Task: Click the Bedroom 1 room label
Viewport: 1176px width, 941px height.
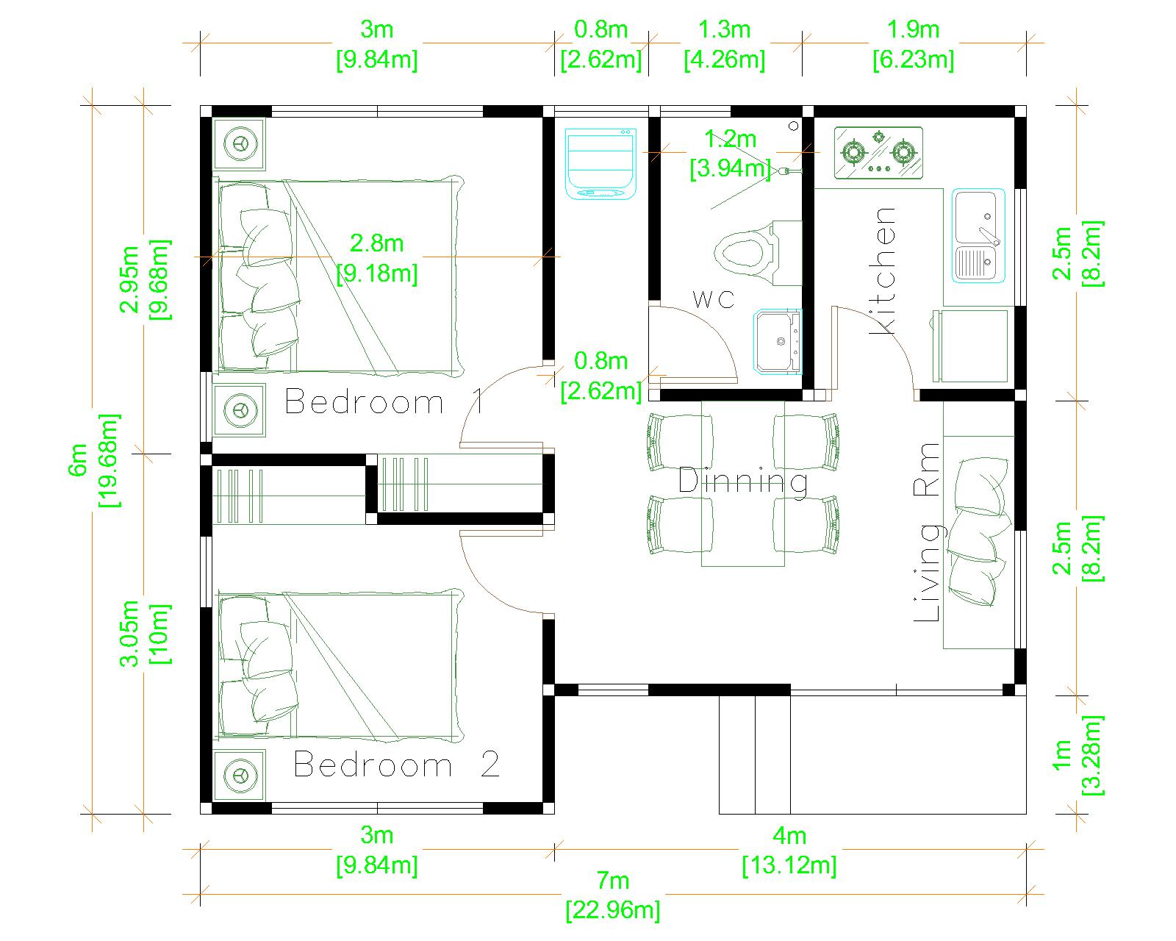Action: click(x=384, y=402)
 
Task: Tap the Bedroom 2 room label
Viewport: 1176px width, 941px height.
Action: click(x=396, y=765)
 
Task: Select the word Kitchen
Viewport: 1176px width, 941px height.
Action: click(x=881, y=271)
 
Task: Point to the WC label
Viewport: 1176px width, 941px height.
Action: click(x=713, y=300)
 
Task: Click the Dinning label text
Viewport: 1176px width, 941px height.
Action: click(x=743, y=482)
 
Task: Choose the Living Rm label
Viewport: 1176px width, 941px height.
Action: click(x=927, y=532)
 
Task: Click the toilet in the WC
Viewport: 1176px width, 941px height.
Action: click(x=758, y=253)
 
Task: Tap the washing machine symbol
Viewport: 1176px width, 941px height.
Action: click(x=600, y=164)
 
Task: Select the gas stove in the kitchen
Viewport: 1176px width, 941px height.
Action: click(x=878, y=153)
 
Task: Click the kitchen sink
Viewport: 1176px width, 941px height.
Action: click(x=978, y=236)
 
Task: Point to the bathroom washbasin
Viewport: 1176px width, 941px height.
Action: click(x=778, y=342)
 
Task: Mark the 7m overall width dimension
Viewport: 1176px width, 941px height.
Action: click(x=612, y=895)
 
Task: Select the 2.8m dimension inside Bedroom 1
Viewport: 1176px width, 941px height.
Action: click(x=377, y=258)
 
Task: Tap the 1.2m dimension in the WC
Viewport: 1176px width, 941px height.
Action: click(x=730, y=154)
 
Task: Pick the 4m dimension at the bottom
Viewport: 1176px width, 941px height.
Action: click(x=789, y=851)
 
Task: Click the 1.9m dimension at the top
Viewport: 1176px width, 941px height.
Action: click(x=913, y=44)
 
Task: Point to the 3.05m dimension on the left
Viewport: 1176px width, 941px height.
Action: click(x=145, y=634)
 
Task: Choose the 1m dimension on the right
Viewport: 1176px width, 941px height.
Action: click(x=1078, y=754)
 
